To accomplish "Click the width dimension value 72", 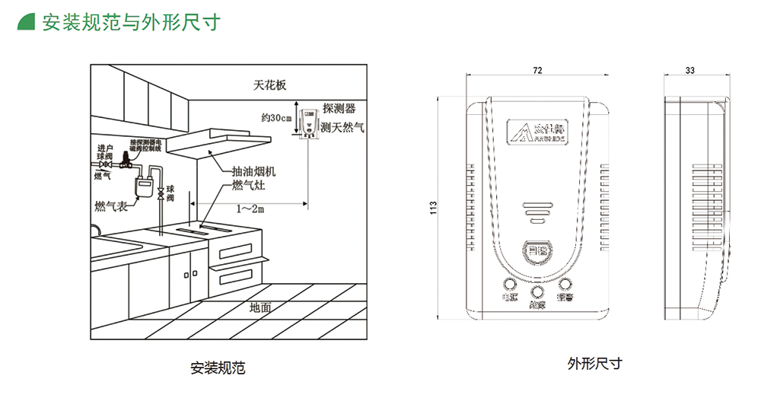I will [x=537, y=70].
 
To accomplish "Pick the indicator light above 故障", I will [x=537, y=292].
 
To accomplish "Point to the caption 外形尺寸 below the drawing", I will [x=594, y=363].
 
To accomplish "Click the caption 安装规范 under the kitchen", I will [x=218, y=368].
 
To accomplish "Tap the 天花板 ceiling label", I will [x=270, y=85].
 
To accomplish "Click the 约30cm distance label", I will [x=276, y=118].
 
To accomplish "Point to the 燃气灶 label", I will [x=248, y=185].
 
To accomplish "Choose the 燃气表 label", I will [x=111, y=205].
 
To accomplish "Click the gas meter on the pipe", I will [x=142, y=185].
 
